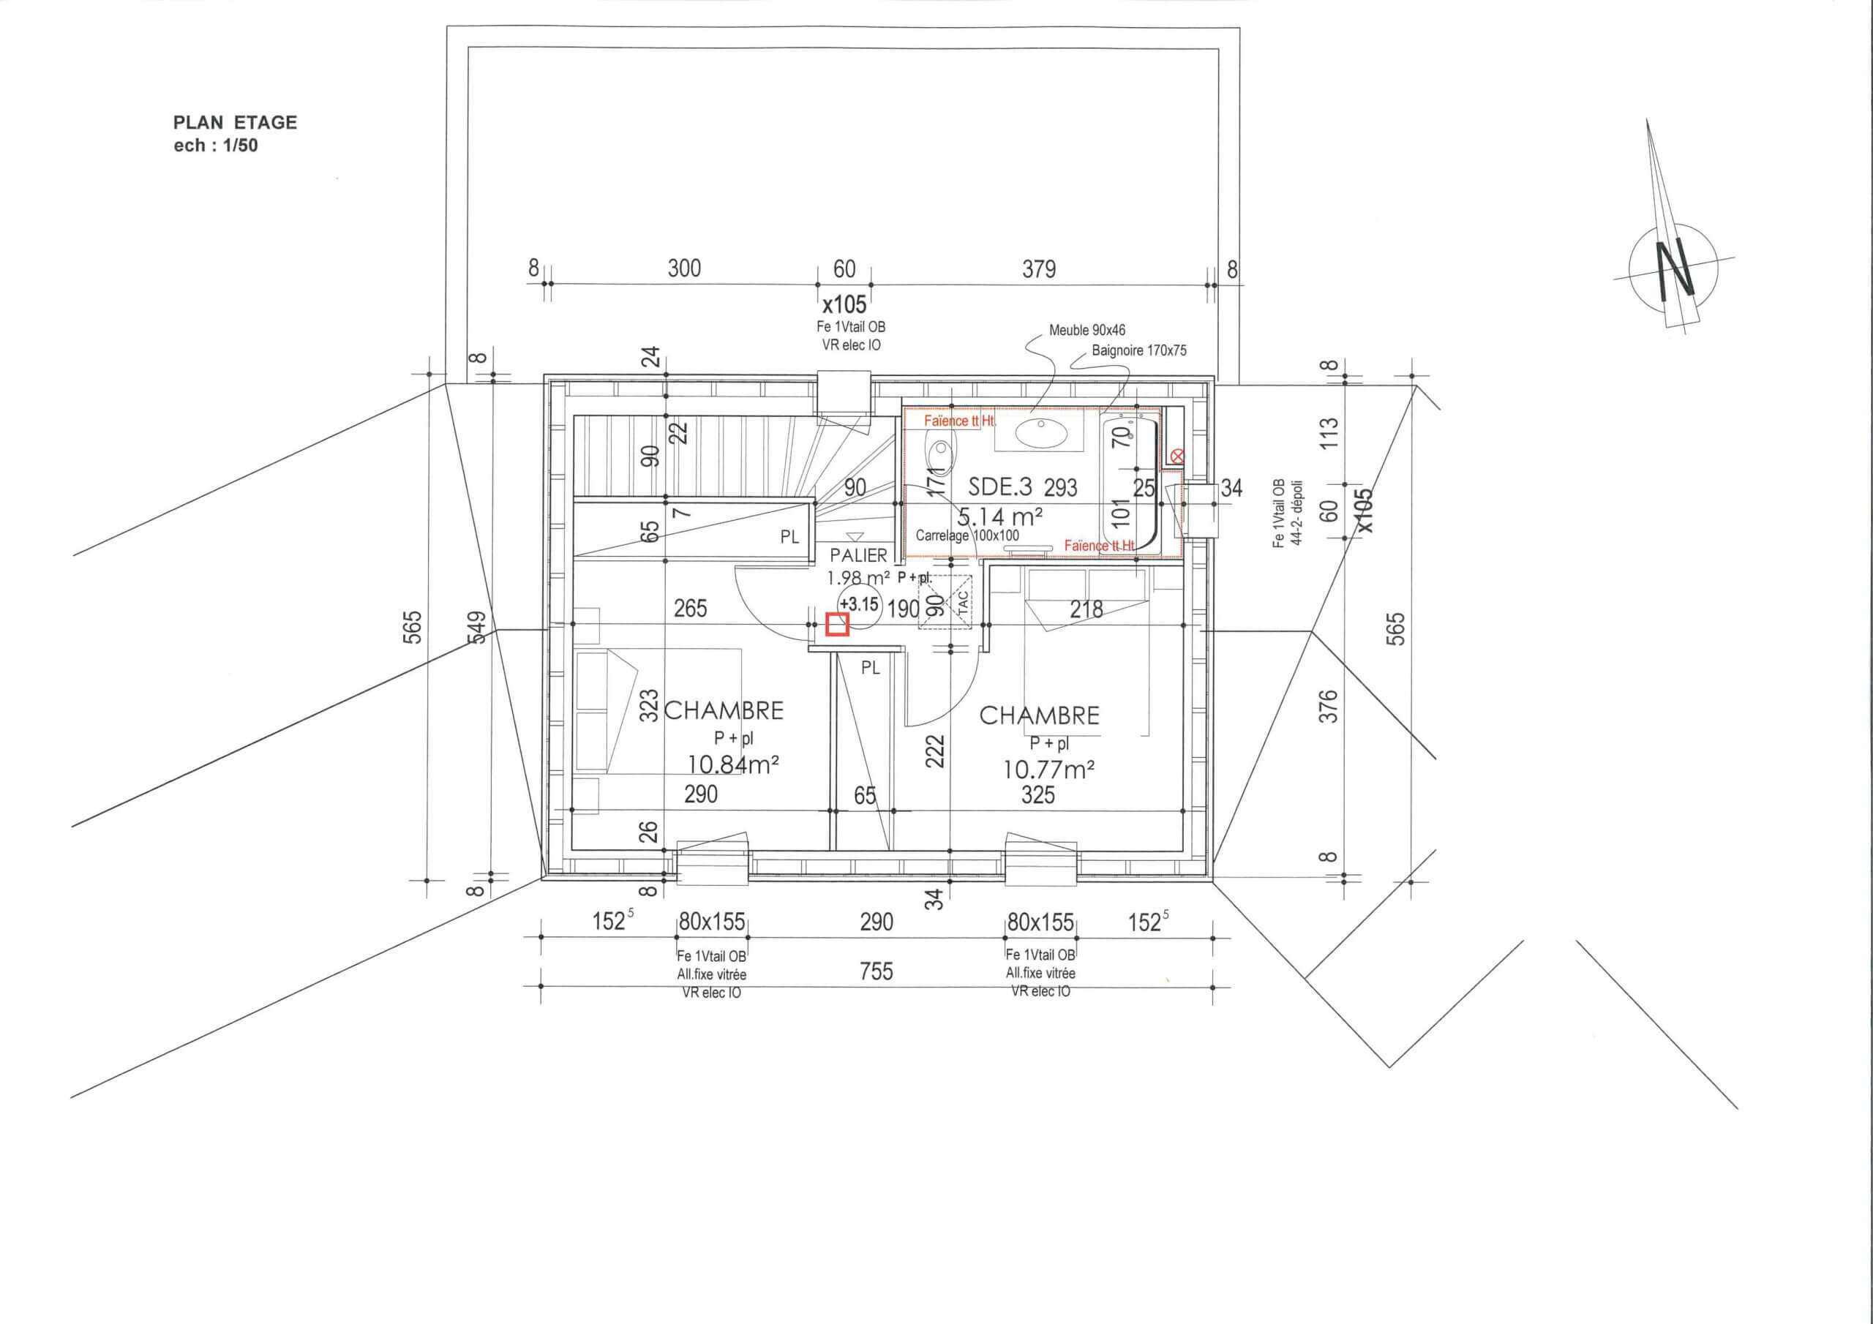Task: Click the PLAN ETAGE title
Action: point(235,122)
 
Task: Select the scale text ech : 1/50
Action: point(215,146)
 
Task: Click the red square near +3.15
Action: point(838,624)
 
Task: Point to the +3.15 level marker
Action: point(859,604)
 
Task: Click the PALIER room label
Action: point(858,555)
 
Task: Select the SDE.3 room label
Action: point(1000,487)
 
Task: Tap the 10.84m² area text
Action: point(732,764)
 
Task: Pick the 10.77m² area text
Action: point(1048,769)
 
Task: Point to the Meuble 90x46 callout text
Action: point(1086,331)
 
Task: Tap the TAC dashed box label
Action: point(963,602)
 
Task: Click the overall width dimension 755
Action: point(876,971)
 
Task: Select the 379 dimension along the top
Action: point(1038,268)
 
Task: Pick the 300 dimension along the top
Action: point(683,268)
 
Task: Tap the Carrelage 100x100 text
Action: point(967,536)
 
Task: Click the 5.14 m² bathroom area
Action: point(999,516)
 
